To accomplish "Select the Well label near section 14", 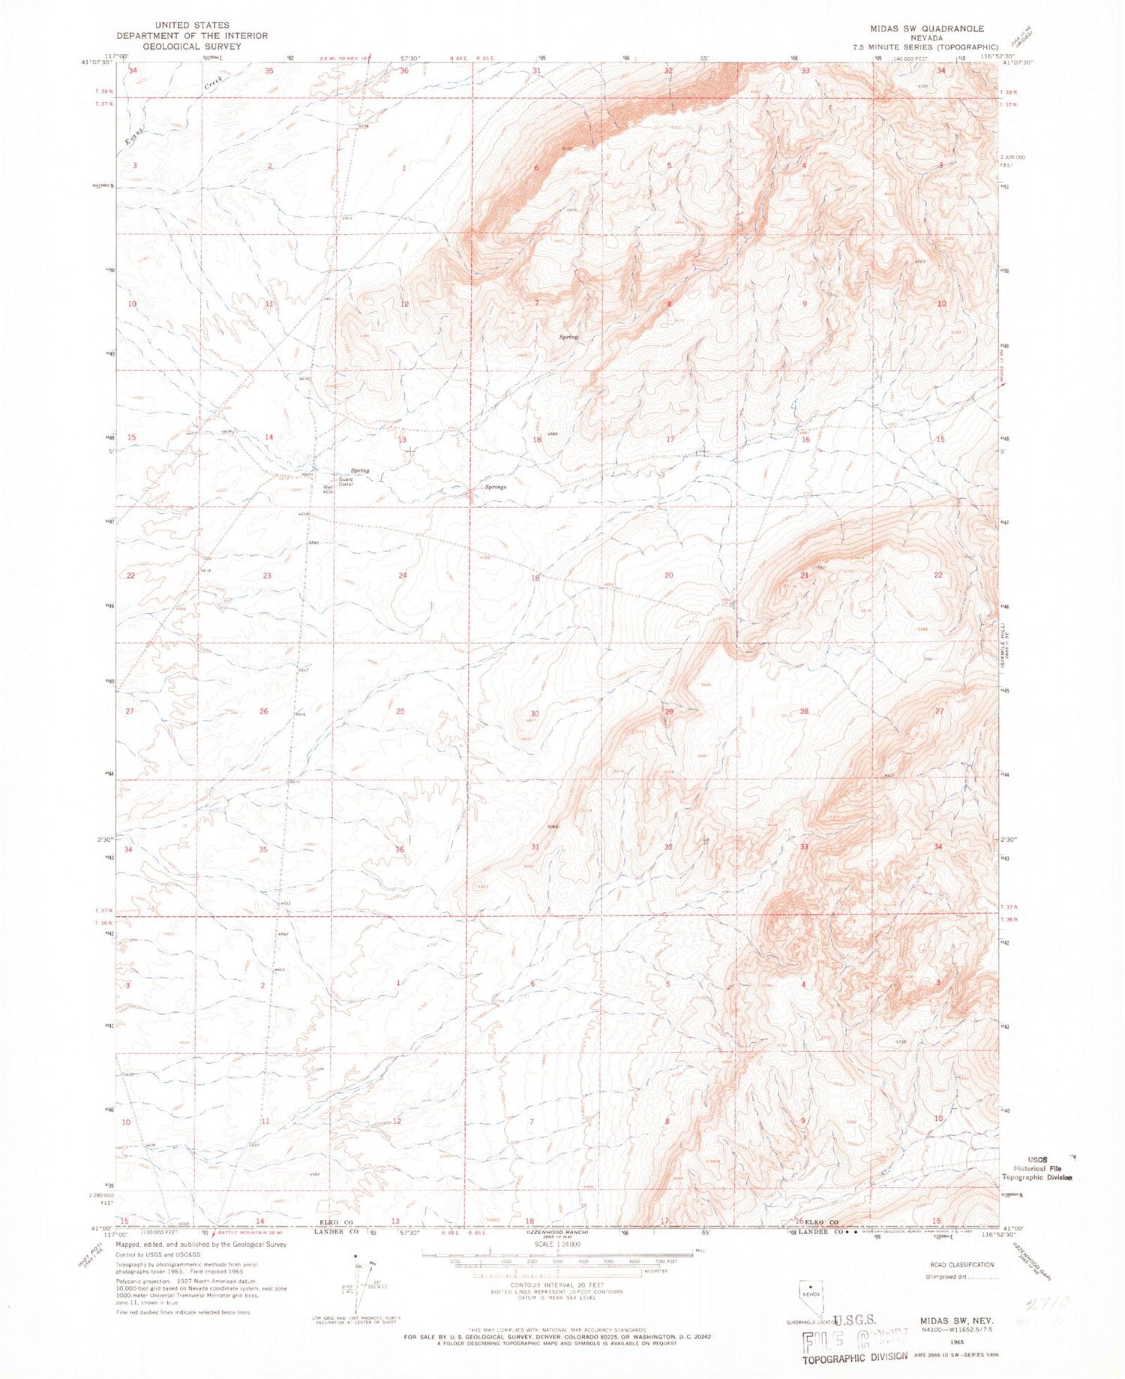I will [x=327, y=487].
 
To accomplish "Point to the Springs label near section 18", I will [x=495, y=487].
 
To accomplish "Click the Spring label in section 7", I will [x=568, y=338].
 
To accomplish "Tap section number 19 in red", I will [x=535, y=578].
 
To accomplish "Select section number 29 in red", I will [x=669, y=711].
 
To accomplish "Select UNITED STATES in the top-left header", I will [x=191, y=25].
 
